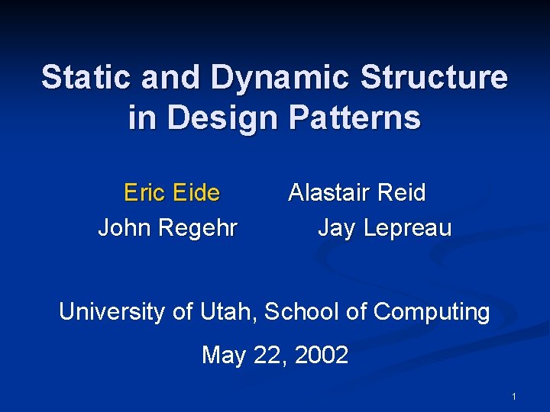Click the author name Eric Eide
coord(172,192)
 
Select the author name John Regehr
coord(168,227)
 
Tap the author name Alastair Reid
coord(357,192)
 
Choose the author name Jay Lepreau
coord(384,227)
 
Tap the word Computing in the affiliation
coord(432,313)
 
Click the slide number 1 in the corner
coord(514,397)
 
